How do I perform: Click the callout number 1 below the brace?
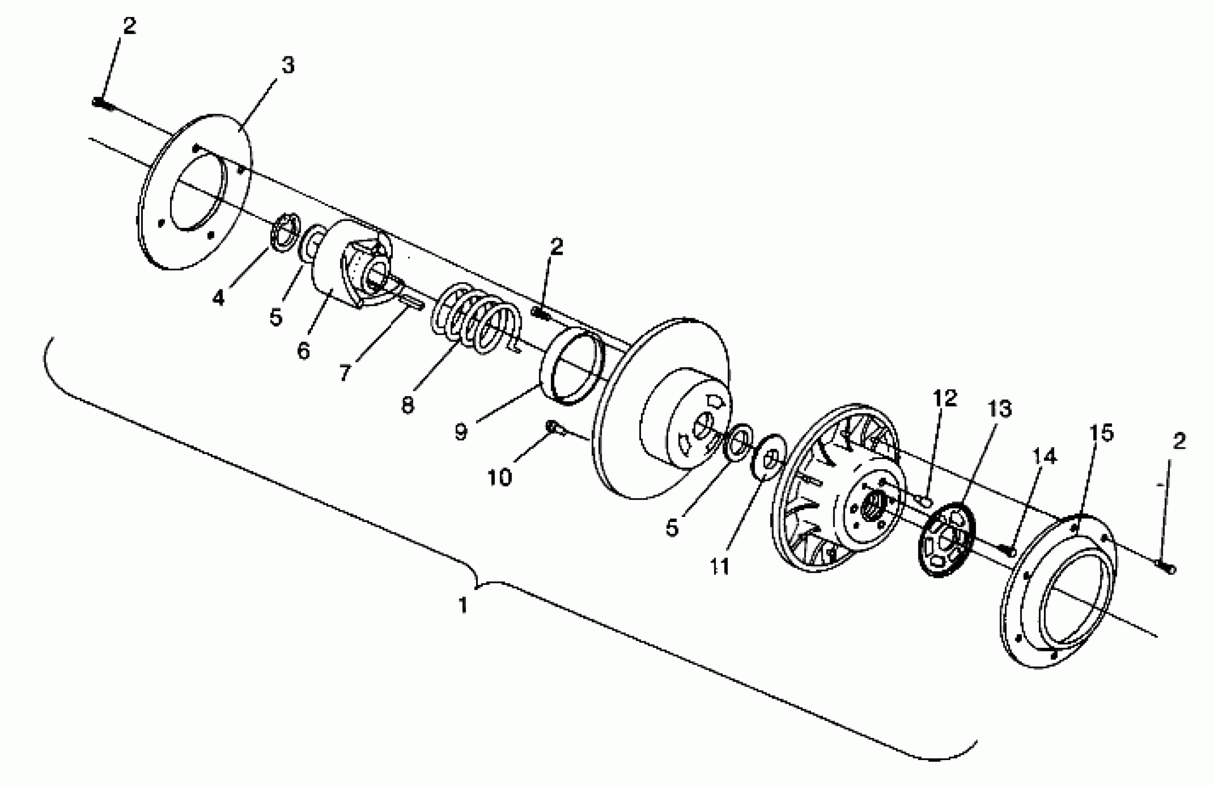tap(463, 606)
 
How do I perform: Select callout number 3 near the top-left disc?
tap(288, 65)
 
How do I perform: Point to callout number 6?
tap(304, 350)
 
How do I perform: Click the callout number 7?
tap(345, 373)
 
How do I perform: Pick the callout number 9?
tap(461, 432)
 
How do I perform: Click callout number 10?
tap(500, 478)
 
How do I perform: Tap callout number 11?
tap(720, 566)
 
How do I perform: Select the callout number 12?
tap(944, 398)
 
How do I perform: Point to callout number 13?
tap(999, 409)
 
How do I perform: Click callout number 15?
tap(1101, 433)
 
